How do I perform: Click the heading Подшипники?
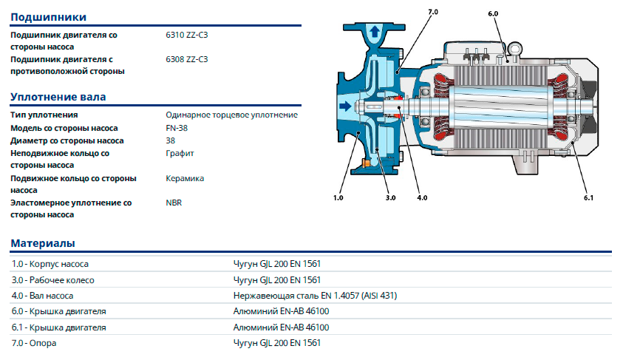[x=48, y=16]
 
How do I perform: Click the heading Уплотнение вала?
[x=58, y=97]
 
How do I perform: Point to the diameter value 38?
[x=171, y=140]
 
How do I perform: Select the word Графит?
[x=180, y=153]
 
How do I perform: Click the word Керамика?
[x=185, y=178]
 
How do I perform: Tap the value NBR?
[x=174, y=202]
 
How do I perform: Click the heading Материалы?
[x=42, y=243]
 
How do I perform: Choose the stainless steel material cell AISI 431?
[x=315, y=296]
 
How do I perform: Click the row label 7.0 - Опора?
[x=34, y=343]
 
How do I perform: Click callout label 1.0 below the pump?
[x=338, y=198]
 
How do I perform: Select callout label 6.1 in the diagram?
[x=589, y=198]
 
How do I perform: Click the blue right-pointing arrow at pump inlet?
[x=344, y=107]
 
